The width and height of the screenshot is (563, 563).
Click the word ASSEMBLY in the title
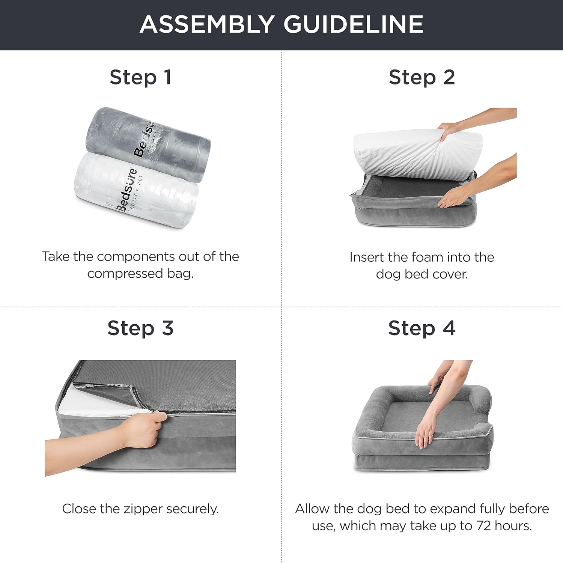point(207,24)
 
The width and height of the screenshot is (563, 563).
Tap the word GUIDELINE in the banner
point(353,24)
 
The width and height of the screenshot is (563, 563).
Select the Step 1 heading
point(140,78)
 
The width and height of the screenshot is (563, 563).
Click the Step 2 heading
point(422,78)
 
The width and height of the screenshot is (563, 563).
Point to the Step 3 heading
point(140,328)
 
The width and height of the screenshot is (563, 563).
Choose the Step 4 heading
point(422,328)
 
